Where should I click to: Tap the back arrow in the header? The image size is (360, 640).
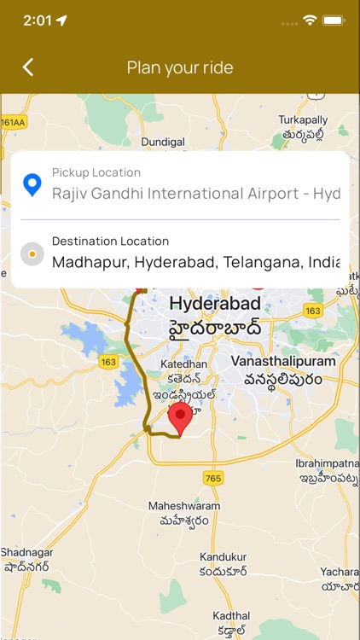pyautogui.click(x=28, y=67)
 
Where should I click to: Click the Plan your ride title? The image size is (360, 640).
pyautogui.click(x=180, y=67)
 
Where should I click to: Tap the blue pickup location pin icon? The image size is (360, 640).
pyautogui.click(x=32, y=184)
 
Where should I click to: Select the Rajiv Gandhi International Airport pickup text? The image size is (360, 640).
pyautogui.click(x=195, y=194)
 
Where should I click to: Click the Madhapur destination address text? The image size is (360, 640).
pyautogui.click(x=195, y=262)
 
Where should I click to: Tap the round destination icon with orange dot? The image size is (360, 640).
pyautogui.click(x=32, y=253)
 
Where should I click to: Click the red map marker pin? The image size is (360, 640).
pyautogui.click(x=179, y=420)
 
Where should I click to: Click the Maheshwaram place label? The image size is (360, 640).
pyautogui.click(x=184, y=506)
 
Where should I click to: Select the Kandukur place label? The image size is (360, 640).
pyautogui.click(x=223, y=557)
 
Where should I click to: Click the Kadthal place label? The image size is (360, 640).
pyautogui.click(x=231, y=616)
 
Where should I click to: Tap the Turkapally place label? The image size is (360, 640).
pyautogui.click(x=303, y=120)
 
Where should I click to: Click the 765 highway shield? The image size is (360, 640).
pyautogui.click(x=213, y=479)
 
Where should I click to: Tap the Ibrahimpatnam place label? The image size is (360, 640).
pyautogui.click(x=328, y=463)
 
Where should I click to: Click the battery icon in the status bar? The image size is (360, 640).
pyautogui.click(x=334, y=20)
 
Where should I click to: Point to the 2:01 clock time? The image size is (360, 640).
pyautogui.click(x=38, y=20)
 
